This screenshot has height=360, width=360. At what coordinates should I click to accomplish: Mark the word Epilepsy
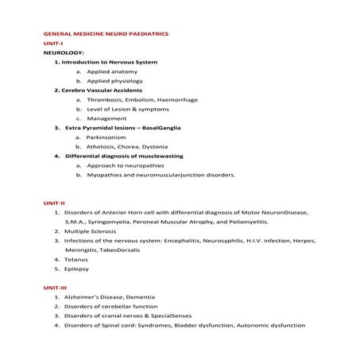pyautogui.click(x=78, y=269)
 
